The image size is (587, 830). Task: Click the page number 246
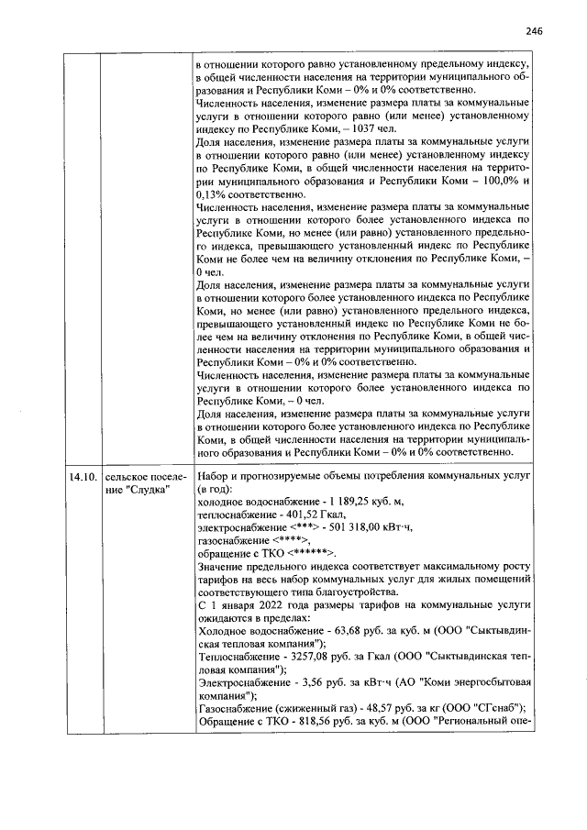(535, 30)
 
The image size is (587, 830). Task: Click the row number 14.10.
(82, 477)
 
